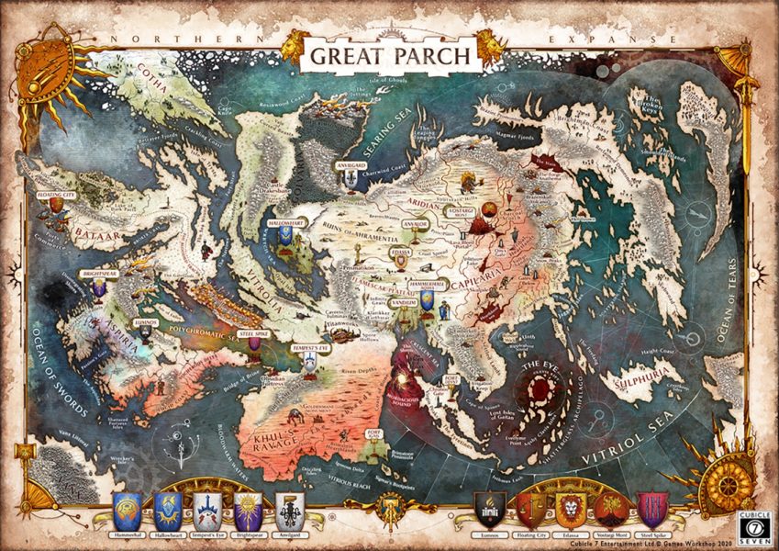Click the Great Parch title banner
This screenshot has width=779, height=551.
pos(390,53)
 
